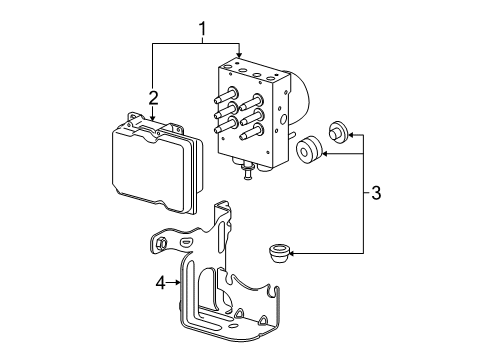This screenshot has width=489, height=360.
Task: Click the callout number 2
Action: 152,97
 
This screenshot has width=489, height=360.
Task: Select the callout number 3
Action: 376,191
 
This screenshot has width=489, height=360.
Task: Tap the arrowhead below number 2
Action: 152,118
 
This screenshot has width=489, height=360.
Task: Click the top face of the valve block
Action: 249,69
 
